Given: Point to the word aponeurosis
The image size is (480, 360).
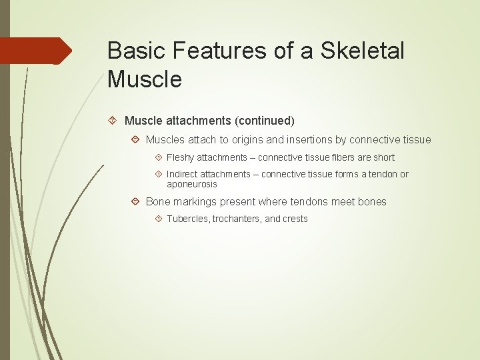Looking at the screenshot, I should [192, 183].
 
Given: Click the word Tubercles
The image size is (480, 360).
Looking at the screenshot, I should [188, 219].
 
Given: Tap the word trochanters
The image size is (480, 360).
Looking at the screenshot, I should [237, 219].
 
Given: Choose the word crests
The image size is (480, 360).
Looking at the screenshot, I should [295, 219].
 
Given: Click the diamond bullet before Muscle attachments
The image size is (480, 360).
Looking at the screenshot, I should [113, 121].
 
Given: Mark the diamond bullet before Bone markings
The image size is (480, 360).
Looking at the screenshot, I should [135, 201].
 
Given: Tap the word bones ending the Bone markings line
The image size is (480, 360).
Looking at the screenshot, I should [371, 201].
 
